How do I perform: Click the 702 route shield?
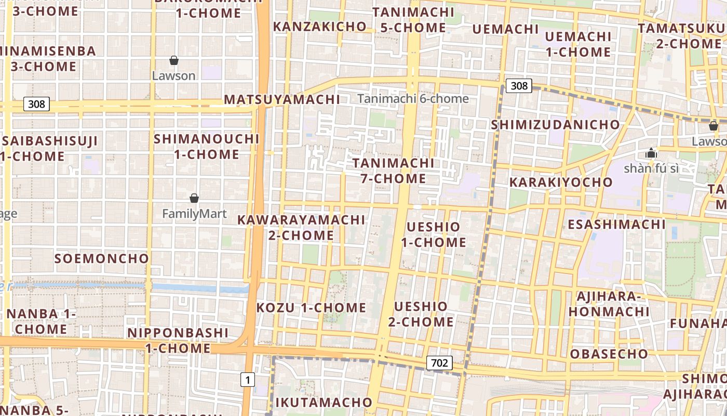(x=439, y=362)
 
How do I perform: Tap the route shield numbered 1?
(x=248, y=380)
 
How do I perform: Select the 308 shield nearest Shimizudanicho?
(x=519, y=86)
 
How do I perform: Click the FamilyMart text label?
(x=194, y=214)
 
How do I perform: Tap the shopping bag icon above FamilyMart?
(x=194, y=198)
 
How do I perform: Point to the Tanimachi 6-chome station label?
(x=413, y=99)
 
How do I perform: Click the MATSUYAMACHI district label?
(x=282, y=99)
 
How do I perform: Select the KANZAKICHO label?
(x=320, y=27)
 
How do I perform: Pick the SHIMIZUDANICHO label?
(x=555, y=125)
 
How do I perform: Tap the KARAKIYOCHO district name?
(x=561, y=182)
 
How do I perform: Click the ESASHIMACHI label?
(x=616, y=224)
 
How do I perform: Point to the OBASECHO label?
(x=609, y=354)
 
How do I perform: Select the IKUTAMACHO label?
(x=324, y=402)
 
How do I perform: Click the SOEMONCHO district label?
(x=102, y=258)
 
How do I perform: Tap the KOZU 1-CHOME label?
(x=311, y=307)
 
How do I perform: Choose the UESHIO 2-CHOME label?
(x=421, y=314)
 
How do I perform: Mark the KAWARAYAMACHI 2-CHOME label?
(x=301, y=227)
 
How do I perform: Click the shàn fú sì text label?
(x=651, y=168)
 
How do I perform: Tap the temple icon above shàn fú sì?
(x=651, y=153)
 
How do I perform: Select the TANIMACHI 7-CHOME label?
(x=394, y=171)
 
